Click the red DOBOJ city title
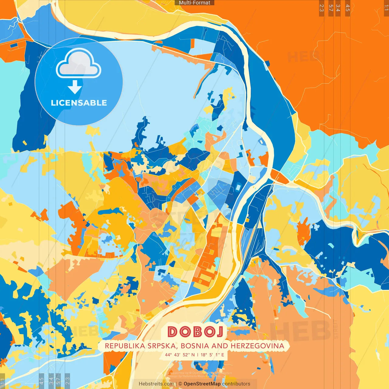coord(195,332)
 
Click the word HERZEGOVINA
coord(257,346)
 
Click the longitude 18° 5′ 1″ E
coord(212,355)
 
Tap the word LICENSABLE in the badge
coord(79,103)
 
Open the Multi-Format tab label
coord(194,3)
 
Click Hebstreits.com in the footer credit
coord(156,384)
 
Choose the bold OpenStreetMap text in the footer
coord(202,384)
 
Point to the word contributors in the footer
coord(236,384)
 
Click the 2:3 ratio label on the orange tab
coord(322,8)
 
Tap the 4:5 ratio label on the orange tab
coord(348,8)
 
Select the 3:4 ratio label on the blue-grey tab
coord(51,380)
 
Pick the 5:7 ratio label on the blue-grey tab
coord(58,380)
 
